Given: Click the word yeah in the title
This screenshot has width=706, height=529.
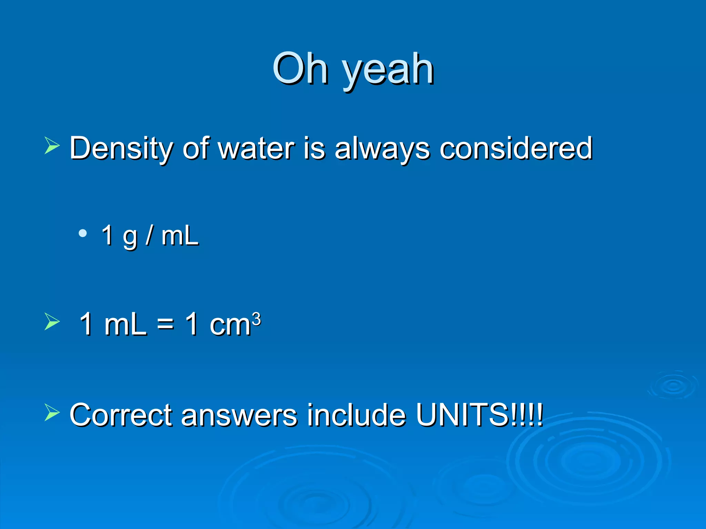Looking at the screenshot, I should [388, 71].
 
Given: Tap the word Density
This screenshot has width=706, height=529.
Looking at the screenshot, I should [121, 148].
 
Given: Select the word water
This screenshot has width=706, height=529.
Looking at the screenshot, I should [256, 148].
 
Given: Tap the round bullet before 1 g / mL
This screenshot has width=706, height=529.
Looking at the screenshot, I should [82, 234].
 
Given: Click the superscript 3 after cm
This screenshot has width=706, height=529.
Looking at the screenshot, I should [256, 319].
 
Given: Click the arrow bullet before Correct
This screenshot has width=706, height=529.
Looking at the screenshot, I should [52, 412].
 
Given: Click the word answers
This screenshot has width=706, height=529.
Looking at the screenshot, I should [239, 415].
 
